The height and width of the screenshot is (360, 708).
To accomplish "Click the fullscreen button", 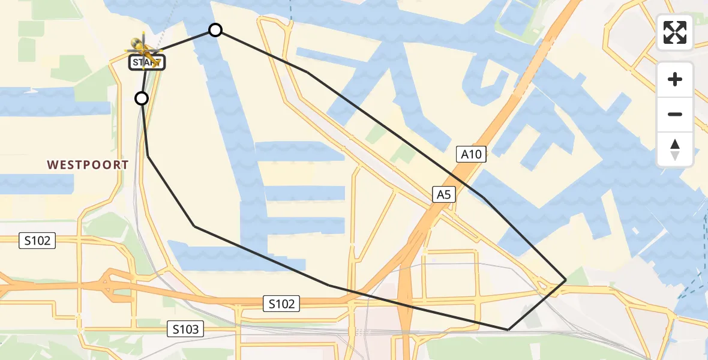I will point(675,32).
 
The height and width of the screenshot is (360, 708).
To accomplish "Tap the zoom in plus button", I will point(675,79).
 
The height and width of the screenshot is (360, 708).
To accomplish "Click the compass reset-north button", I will point(675,149).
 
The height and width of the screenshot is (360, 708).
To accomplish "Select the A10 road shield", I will point(471,155).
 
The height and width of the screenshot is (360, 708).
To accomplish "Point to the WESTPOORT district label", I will point(88,164).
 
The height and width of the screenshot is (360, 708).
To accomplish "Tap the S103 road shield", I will point(186,329).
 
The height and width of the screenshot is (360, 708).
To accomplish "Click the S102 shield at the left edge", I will point(37,241).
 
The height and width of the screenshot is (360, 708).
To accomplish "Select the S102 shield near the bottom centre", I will point(281,304).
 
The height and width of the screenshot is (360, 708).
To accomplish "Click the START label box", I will point(146,62).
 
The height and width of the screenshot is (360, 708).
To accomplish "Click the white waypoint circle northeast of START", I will point(215,30).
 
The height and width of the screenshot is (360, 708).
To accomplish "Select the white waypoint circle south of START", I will point(142,98).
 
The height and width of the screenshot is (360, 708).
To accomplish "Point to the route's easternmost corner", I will point(566,280).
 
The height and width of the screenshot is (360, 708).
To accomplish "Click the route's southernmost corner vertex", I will point(508,329).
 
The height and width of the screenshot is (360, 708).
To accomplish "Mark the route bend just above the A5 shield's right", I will point(484,197).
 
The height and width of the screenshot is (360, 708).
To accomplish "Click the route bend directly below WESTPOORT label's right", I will point(148,156).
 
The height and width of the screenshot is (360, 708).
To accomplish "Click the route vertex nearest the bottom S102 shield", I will point(329,285).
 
